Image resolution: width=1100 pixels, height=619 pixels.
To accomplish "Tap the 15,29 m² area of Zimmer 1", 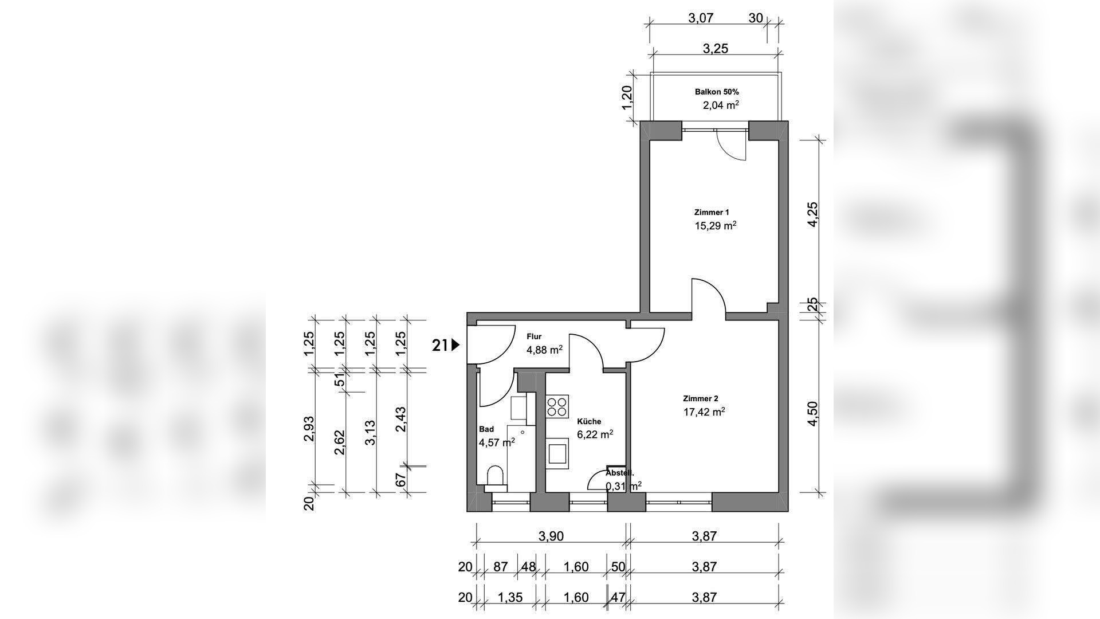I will (x=715, y=226).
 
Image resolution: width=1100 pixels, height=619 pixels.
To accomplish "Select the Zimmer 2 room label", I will (x=700, y=398).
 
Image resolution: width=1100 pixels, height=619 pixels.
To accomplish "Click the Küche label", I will (x=589, y=421).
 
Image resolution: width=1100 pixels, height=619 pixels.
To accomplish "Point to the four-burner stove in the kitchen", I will (x=557, y=406).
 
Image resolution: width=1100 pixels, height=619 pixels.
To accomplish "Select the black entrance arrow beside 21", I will (x=456, y=345).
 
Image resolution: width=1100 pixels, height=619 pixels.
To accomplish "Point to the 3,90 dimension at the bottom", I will (x=551, y=536).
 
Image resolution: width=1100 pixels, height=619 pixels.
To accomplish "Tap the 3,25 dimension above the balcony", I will (x=715, y=49).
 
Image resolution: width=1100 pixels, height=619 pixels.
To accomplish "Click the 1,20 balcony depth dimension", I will (x=627, y=99).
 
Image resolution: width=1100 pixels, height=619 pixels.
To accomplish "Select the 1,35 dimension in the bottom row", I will (x=510, y=597).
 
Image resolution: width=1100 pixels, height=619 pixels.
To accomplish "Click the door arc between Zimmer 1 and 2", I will (x=709, y=295).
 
